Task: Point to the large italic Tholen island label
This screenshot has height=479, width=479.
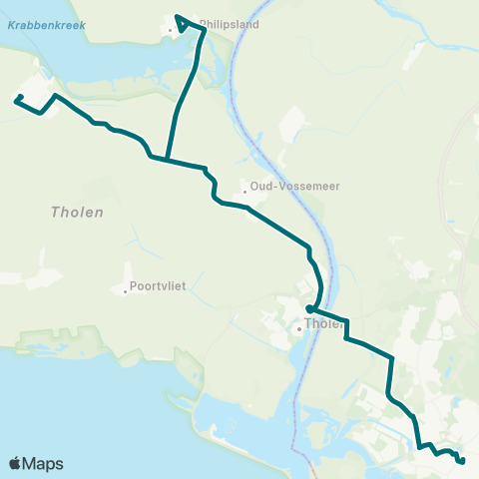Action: pyautogui.click(x=77, y=213)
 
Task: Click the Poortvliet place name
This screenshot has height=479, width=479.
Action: pyautogui.click(x=159, y=286)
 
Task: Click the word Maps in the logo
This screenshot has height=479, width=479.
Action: pyautogui.click(x=44, y=463)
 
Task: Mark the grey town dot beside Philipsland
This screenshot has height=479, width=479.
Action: pyautogui.click(x=171, y=30)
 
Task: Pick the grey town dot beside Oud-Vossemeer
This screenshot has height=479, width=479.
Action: pyautogui.click(x=244, y=194)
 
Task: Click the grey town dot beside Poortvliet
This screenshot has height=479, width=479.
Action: pyautogui.click(x=125, y=291)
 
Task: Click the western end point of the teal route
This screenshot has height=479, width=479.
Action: pyautogui.click(x=19, y=98)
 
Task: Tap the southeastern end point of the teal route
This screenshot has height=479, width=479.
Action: pyautogui.click(x=462, y=461)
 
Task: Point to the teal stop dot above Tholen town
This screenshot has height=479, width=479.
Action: pyautogui.click(x=310, y=309)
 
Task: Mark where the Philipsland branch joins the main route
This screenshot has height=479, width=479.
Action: pyautogui.click(x=166, y=160)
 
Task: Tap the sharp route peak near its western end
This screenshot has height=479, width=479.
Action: pyautogui.click(x=53, y=96)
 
